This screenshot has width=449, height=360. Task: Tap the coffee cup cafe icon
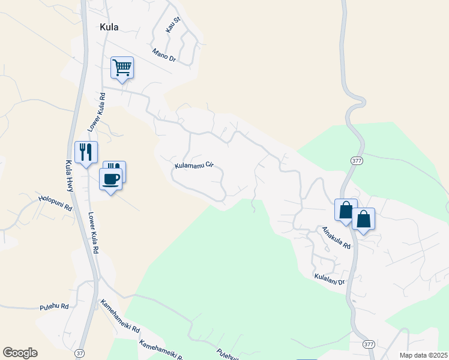(111, 178)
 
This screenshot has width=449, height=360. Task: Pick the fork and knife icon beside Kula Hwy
(86, 152)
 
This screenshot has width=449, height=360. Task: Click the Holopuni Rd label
(55, 202)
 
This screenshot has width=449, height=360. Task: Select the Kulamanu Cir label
(194, 164)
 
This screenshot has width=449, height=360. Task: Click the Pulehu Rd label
(54, 306)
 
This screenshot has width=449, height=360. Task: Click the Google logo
(20, 353)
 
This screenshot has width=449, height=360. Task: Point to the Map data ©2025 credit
(423, 355)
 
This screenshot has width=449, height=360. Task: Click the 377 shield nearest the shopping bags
(356, 161)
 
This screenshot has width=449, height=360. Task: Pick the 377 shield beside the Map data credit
(369, 343)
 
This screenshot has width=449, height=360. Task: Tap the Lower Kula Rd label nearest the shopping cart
(97, 112)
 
